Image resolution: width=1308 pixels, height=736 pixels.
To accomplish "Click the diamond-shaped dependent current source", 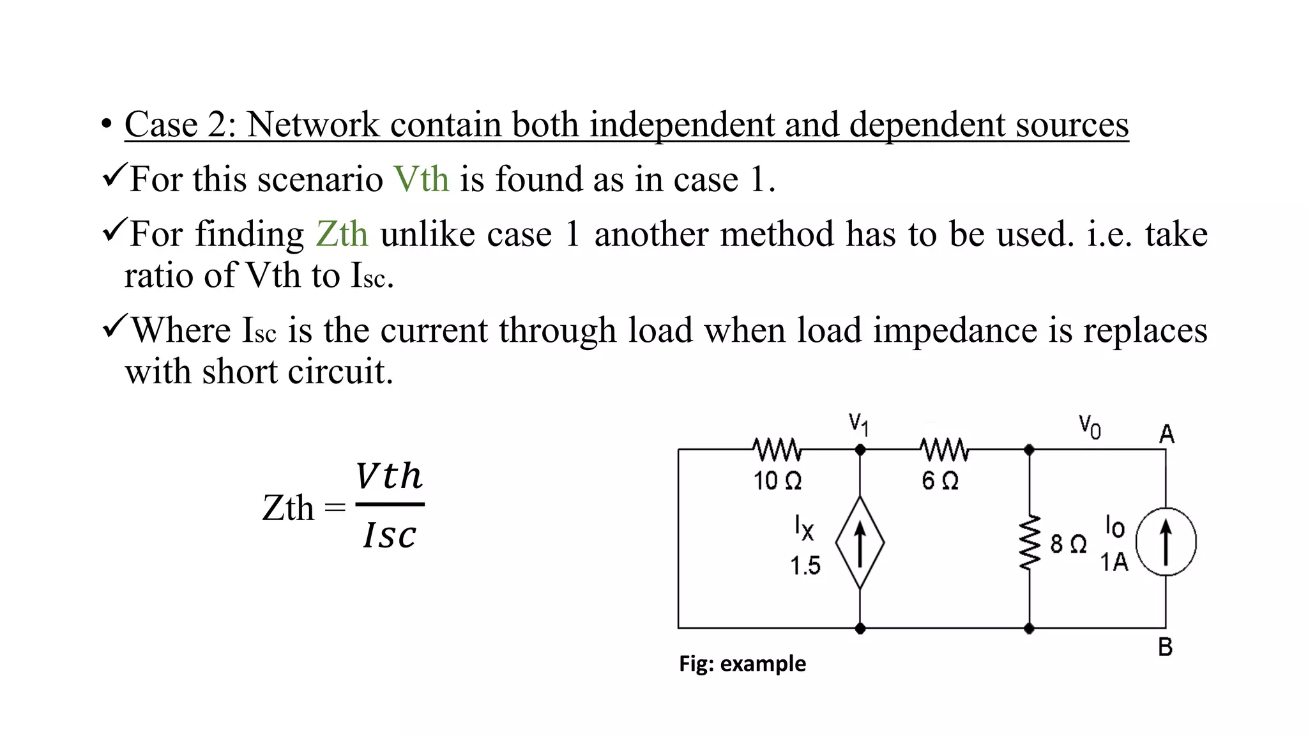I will click(x=860, y=542).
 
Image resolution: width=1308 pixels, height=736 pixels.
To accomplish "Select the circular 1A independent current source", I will click(x=1166, y=542).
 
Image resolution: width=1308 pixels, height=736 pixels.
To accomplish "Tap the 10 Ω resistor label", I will click(x=777, y=480).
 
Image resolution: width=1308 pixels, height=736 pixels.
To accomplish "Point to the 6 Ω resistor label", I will click(x=940, y=480).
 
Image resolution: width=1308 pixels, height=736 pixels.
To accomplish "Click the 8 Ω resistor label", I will click(x=1068, y=544).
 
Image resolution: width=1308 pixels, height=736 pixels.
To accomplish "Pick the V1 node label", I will click(x=858, y=424).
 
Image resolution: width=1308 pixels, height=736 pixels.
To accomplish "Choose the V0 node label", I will click(x=1090, y=426).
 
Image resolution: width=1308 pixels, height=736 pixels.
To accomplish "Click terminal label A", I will click(x=1166, y=434).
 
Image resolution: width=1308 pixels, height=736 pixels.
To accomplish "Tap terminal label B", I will click(x=1166, y=647).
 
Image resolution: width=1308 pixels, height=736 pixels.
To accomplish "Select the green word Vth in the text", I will click(x=421, y=179).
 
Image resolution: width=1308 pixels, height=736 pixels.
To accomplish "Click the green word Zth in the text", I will click(x=342, y=234).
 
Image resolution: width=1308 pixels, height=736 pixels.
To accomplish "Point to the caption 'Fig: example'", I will click(x=742, y=664).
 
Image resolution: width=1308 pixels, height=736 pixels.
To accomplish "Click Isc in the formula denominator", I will click(x=389, y=535).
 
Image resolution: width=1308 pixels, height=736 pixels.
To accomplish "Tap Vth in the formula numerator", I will click(x=389, y=476).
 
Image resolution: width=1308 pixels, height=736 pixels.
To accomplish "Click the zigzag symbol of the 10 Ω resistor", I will click(x=777, y=450).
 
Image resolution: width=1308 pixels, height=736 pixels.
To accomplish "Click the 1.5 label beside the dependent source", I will click(x=805, y=565).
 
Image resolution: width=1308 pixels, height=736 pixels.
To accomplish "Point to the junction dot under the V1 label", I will click(x=860, y=450).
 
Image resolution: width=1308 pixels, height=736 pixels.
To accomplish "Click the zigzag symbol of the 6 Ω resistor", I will click(x=944, y=450).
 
